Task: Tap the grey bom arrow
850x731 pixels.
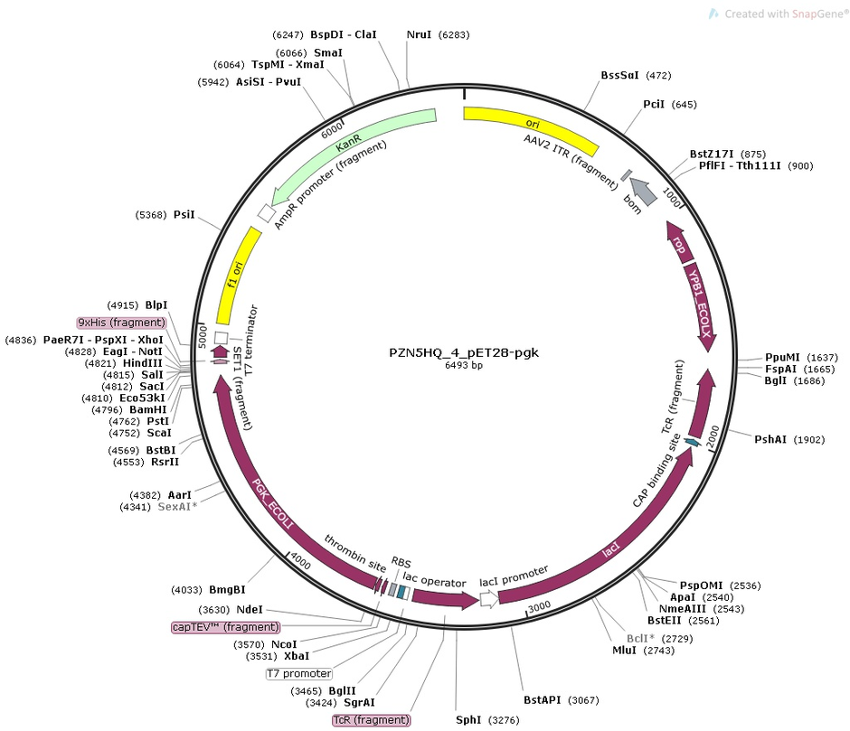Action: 643,191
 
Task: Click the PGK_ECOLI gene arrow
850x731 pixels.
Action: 262,488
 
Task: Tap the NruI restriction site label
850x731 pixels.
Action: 419,34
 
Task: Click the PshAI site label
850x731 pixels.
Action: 771,439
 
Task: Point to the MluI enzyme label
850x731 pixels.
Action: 625,650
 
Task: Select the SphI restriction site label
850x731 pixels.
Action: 468,720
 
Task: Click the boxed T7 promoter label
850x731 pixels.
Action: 298,673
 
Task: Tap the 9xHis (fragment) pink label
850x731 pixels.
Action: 122,323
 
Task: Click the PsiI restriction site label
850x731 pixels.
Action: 184,214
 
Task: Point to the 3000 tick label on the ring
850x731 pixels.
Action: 540,605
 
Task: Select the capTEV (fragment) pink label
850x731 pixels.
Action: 225,626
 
